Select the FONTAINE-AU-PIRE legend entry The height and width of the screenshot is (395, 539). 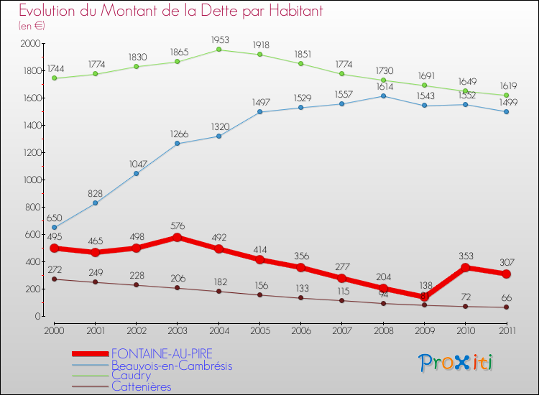(x=162, y=353)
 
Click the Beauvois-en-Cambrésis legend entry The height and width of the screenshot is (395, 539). (x=172, y=365)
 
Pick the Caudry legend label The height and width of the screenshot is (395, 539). (x=131, y=376)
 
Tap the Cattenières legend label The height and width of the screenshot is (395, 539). (x=141, y=386)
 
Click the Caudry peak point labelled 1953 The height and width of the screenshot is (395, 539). (x=218, y=50)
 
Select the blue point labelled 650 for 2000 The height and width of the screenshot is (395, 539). (x=54, y=227)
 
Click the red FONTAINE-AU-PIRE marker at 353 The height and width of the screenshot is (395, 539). (x=465, y=268)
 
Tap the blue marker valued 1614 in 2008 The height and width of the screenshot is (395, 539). (x=383, y=96)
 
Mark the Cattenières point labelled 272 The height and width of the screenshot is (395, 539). (x=54, y=279)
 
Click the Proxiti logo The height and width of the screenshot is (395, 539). (x=456, y=363)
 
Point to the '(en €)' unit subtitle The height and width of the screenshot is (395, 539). (x=32, y=26)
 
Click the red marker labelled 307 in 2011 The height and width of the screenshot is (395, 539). (x=506, y=274)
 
